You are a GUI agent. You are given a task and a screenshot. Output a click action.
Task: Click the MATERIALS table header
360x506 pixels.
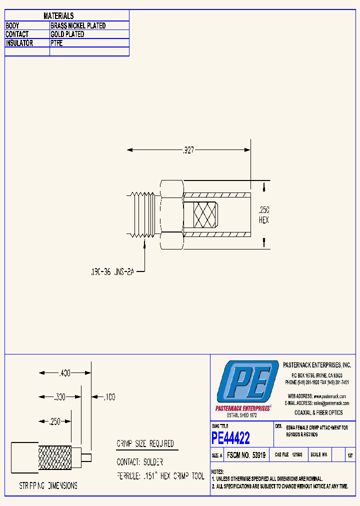tap(58, 16)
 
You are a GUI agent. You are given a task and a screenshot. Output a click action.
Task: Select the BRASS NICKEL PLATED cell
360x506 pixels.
tap(78, 25)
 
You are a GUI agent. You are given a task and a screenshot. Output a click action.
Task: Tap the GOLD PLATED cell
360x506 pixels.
tap(67, 34)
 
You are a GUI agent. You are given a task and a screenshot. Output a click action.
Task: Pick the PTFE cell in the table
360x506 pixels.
tap(56, 43)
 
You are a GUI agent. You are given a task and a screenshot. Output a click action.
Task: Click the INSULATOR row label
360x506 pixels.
tap(19, 43)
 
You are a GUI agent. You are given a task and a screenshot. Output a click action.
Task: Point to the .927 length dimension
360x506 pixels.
tap(188, 149)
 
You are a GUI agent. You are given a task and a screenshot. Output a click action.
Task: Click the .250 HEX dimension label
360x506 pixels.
tap(263, 214)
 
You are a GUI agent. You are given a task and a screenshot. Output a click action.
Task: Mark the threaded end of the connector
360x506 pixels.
tap(144, 214)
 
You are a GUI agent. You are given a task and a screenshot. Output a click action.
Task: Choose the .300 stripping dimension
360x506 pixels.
tap(59, 397)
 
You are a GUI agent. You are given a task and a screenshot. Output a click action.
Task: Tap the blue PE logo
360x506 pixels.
tap(247, 384)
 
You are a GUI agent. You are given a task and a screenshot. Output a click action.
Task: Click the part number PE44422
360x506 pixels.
tap(230, 438)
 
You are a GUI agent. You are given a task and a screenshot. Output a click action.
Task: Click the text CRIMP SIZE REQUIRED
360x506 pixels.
tap(145, 444)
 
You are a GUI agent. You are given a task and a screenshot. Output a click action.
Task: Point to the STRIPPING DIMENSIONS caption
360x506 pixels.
tap(48, 485)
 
